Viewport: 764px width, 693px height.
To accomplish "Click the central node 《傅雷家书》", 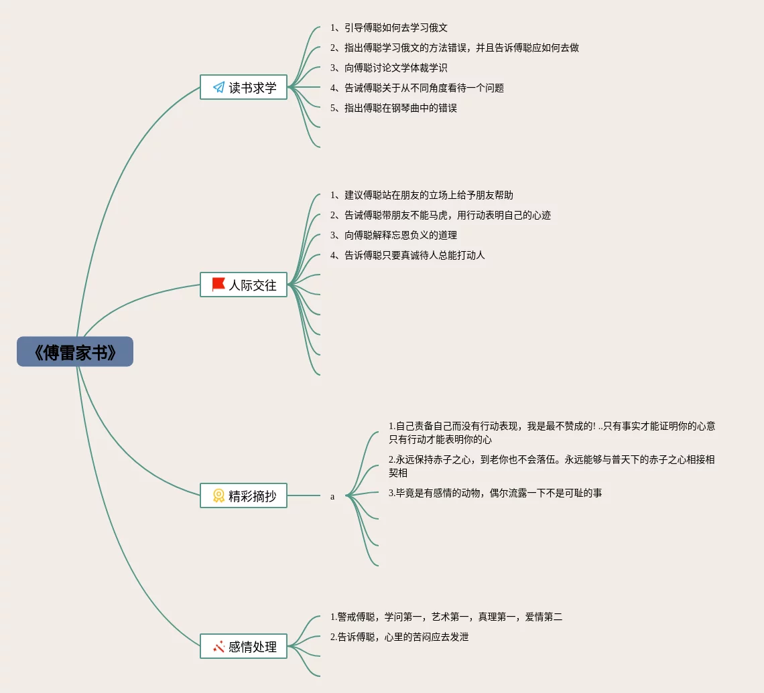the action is coord(75,352).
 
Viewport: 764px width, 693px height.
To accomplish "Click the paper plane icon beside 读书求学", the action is coord(218,87).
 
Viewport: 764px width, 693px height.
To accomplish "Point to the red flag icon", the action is coord(218,285).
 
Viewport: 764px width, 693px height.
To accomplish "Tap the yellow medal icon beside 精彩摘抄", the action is coord(218,495).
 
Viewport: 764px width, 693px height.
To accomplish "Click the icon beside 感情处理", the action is coord(218,646).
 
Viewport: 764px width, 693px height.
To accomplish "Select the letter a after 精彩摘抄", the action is coord(332,497).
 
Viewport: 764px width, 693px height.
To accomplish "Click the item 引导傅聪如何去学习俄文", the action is coord(389,27).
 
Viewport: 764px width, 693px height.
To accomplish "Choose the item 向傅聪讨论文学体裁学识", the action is coord(389,68).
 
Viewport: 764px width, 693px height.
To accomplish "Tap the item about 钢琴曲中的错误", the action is coord(393,108).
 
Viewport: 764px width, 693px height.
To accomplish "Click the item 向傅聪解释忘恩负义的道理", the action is coord(393,235).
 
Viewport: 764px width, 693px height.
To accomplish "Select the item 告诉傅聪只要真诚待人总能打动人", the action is coord(407,255).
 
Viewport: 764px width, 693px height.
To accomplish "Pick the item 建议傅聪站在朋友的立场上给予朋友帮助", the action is coord(422,195).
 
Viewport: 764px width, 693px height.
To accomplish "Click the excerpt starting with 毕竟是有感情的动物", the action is coord(495,493).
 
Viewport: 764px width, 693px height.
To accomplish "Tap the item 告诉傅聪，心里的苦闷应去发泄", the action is coord(399,637).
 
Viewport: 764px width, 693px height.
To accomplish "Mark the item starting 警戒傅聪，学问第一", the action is coord(446,617).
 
